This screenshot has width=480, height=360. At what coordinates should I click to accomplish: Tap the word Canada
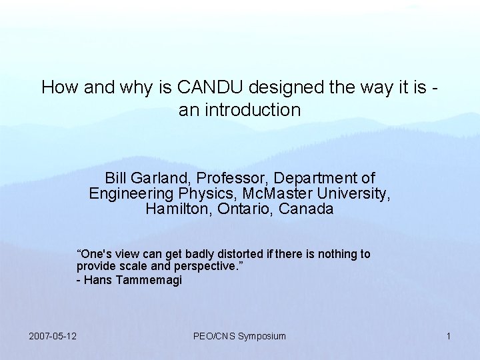(307, 209)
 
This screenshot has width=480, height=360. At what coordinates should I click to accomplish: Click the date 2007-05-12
(53, 336)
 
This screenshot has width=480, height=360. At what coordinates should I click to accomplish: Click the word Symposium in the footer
(262, 336)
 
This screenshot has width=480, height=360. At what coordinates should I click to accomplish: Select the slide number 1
(449, 336)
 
